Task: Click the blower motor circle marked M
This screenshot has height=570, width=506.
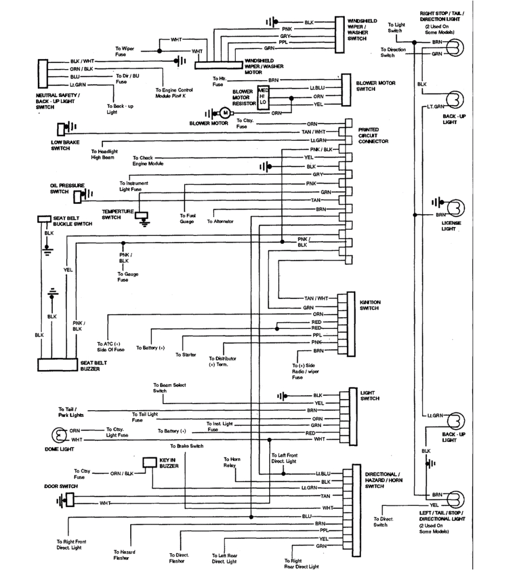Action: pyautogui.click(x=226, y=112)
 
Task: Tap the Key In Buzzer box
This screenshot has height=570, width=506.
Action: pyautogui.click(x=150, y=462)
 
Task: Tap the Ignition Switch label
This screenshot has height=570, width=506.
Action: pyautogui.click(x=370, y=305)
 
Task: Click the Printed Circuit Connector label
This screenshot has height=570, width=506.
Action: pyautogui.click(x=373, y=135)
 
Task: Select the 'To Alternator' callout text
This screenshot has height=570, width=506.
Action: pyautogui.click(x=220, y=222)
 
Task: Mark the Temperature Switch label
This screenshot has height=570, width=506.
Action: pyautogui.click(x=118, y=214)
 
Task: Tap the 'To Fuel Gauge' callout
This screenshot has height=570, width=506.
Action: pyautogui.click(x=187, y=218)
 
